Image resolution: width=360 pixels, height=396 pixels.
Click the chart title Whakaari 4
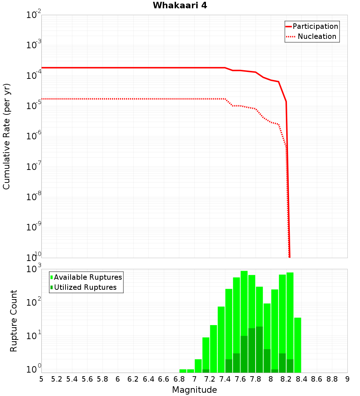tap(180, 6)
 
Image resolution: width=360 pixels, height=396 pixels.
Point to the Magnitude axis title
tap(194, 390)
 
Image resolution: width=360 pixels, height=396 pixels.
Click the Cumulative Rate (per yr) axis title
tap(6, 136)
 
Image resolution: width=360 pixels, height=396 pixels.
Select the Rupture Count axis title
tap(14, 321)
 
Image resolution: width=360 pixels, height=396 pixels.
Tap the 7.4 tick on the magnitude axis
tap(225, 379)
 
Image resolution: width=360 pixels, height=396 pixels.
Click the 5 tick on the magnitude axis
tap(41, 379)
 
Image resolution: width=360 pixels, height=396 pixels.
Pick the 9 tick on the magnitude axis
tap(347, 379)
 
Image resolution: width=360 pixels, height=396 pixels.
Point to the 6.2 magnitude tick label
tap(133, 379)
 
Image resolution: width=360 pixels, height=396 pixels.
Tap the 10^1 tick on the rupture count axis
tap(35, 337)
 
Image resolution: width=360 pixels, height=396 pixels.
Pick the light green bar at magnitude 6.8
tap(183, 371)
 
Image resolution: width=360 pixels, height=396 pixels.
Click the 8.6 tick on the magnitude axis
tap(317, 379)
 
